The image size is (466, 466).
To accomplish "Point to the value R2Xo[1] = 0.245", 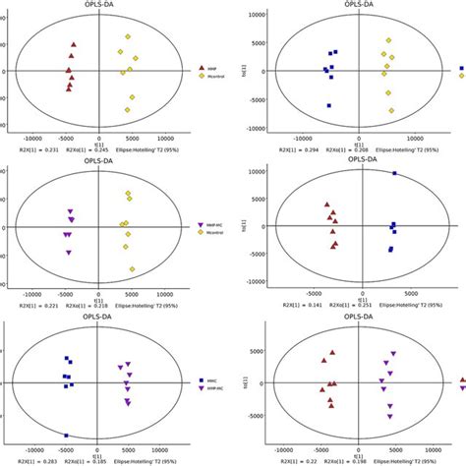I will tap(82, 150).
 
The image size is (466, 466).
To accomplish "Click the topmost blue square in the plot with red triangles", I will tap(394, 173).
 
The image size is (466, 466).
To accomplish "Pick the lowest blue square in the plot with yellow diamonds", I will tap(328, 105).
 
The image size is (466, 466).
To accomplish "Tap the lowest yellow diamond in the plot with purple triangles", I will tap(131, 269).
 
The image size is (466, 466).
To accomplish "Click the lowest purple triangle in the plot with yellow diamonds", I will tap(69, 253).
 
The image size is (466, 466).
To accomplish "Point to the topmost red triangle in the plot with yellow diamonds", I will tap(73, 44).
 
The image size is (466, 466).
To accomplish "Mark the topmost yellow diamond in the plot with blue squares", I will tap(389, 41).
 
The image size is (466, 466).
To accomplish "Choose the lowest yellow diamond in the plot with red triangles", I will tap(131, 109).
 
